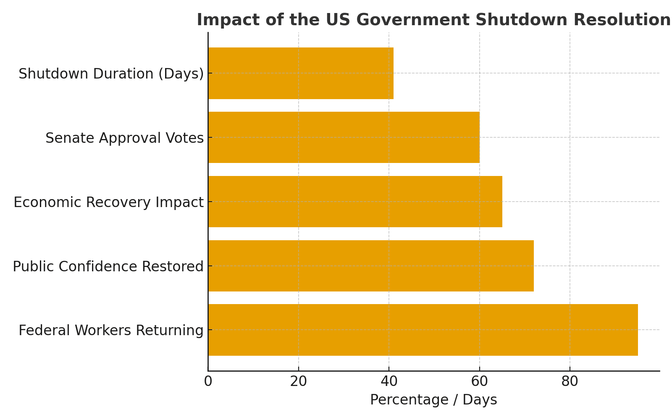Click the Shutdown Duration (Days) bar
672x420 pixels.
tap(301, 73)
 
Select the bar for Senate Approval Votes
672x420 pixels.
tap(344, 137)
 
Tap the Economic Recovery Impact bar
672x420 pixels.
tap(355, 202)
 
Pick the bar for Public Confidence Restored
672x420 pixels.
tap(371, 266)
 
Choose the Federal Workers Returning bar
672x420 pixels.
tap(423, 330)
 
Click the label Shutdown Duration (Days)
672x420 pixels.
tap(111, 74)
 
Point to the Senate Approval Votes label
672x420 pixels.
tap(124, 138)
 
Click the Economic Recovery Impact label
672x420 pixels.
tap(108, 202)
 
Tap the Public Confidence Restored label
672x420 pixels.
tap(108, 267)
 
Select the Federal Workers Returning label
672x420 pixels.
tap(111, 331)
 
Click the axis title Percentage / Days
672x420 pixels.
tap(433, 400)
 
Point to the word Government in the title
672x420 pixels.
tap(412, 20)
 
